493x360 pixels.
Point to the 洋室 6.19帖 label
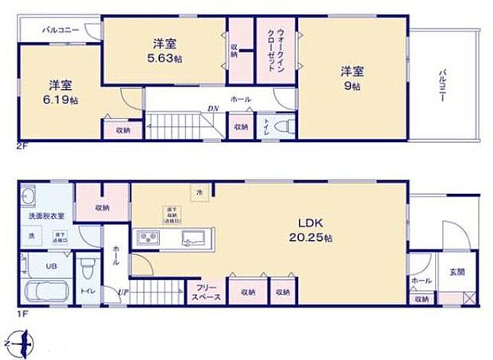tap(60, 91)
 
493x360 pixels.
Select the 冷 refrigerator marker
tap(199, 191)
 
